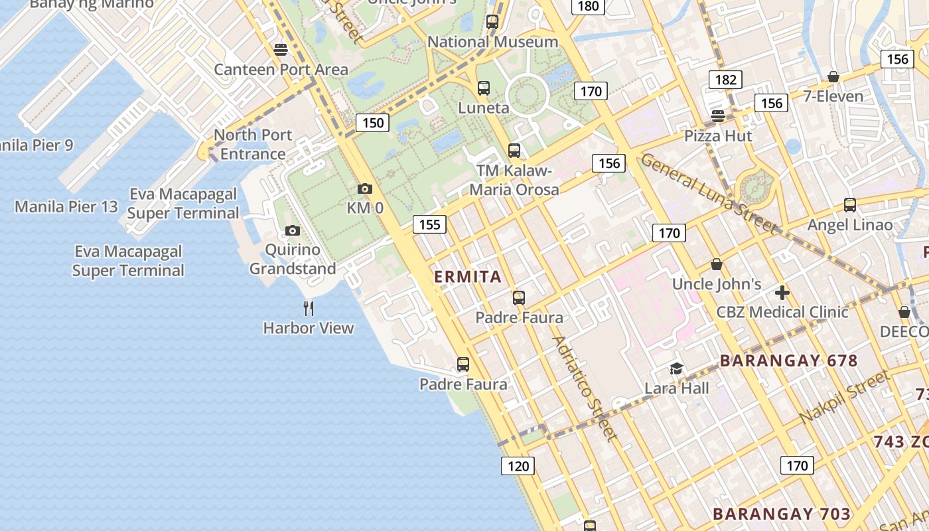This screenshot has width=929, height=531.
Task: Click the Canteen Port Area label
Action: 281,69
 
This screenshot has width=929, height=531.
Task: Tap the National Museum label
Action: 492,42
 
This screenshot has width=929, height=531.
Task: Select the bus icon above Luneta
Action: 484,88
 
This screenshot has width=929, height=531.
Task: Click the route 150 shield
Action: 373,122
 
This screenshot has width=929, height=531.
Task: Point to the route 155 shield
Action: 429,224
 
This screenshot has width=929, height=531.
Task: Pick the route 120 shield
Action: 518,466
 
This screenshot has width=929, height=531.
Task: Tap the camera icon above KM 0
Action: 365,189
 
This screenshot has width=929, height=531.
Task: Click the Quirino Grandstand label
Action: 293,260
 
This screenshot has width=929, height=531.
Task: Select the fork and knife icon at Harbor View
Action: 309,308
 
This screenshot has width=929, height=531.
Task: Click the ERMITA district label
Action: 468,277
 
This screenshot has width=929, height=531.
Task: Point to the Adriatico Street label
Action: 585,388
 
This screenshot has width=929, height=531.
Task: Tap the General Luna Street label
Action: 709,193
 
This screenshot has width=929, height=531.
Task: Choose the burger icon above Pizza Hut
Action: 717,115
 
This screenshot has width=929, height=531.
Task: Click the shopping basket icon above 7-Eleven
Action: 833,77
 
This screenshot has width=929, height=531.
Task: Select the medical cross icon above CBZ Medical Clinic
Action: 782,292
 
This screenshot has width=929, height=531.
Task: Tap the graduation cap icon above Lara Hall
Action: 676,368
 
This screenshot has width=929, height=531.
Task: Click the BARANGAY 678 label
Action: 789,361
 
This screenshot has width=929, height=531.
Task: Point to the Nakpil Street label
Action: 844,398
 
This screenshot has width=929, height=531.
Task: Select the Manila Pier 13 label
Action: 66,206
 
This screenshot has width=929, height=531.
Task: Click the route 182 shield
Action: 725,80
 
